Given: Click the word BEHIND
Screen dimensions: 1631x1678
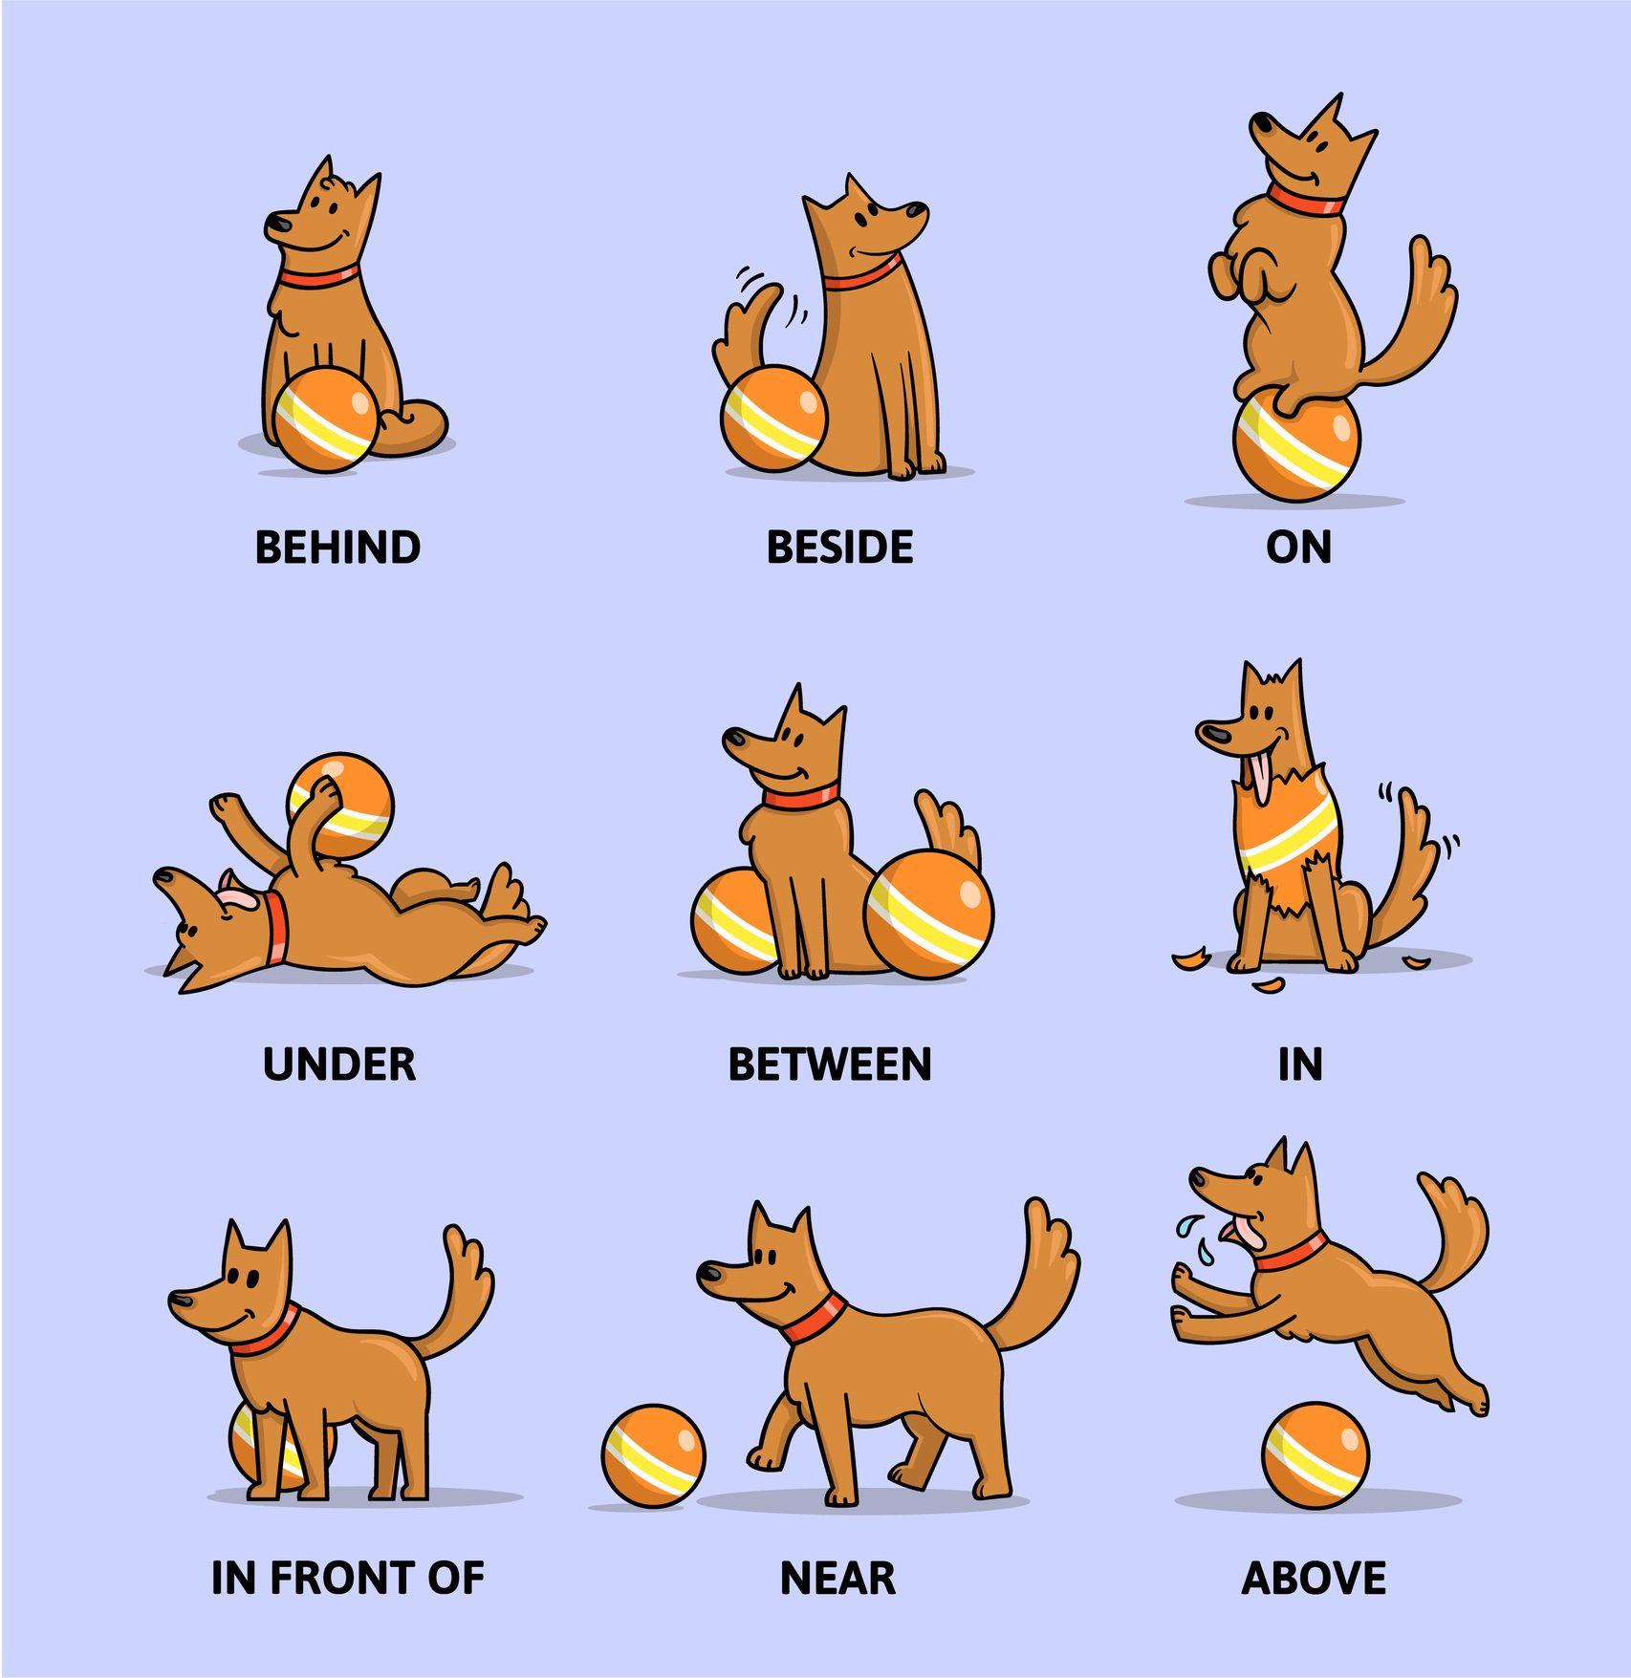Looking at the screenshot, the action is coord(337,548).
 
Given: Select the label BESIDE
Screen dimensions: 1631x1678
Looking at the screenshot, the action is coord(839,548).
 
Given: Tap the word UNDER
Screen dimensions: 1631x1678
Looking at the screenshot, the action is coord(339,1065).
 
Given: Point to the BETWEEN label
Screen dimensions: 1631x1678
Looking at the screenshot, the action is coord(830,1065).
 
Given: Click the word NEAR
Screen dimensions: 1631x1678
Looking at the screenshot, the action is coord(838,1579).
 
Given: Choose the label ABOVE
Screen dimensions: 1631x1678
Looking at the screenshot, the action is coord(1314,1579).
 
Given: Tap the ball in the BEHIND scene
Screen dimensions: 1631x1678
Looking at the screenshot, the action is coord(325,420).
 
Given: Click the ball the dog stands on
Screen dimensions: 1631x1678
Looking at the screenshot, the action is coord(1296,445).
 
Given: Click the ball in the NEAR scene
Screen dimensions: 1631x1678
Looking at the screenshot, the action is coord(653,1455).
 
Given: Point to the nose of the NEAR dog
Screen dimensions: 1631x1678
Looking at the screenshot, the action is coord(708,1272).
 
